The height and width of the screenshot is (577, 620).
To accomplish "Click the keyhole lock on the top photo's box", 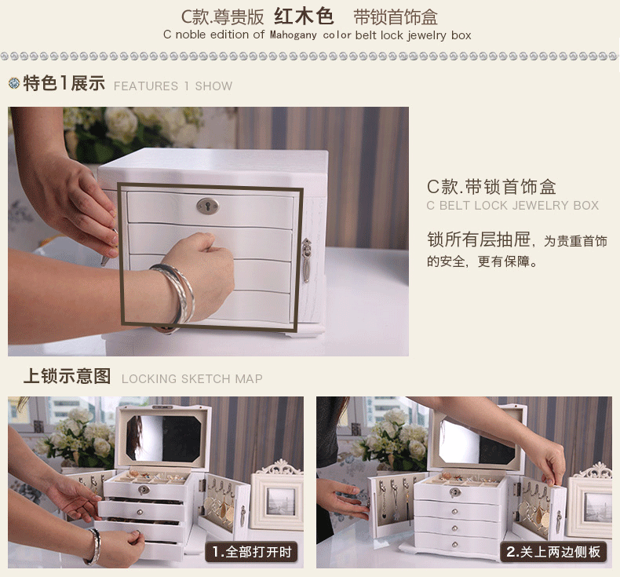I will pos(207,206).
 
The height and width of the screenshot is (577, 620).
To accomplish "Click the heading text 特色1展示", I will pos(64,84).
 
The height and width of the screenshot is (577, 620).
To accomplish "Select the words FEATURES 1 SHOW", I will pos(173,86).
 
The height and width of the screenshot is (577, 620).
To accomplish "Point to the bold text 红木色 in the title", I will pos(305,16).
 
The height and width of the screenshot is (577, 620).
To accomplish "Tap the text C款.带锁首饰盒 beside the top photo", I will pos(491,187).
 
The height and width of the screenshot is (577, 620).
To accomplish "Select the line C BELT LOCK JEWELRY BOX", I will pos(512,206).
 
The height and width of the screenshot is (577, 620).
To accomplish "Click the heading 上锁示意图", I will pos(67,376).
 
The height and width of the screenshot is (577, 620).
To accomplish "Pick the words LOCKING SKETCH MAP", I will pos(191,378).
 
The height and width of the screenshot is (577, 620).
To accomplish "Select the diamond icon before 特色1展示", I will pos(13,84).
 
